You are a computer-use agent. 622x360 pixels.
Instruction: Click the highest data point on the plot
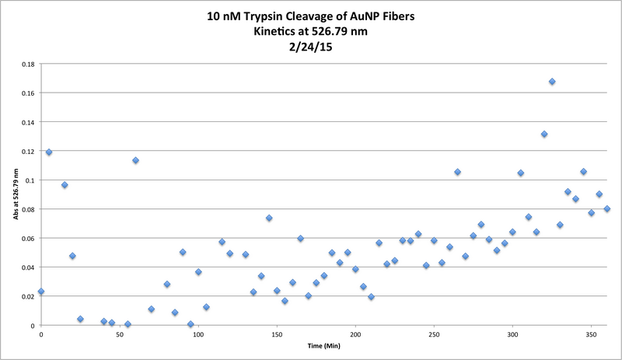(x=552, y=82)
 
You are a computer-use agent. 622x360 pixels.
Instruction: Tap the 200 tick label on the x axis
(x=355, y=334)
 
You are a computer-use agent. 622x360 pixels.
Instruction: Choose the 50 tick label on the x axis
(x=120, y=334)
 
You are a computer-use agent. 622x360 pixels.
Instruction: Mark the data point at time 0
(x=41, y=292)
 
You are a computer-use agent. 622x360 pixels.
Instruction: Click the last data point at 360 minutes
(x=607, y=208)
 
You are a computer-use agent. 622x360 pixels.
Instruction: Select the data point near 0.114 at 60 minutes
(x=135, y=160)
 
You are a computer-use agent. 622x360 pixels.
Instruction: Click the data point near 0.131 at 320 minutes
(x=544, y=134)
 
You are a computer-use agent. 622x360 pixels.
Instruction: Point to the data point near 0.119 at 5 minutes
(x=49, y=152)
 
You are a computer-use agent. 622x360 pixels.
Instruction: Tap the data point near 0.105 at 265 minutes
(x=458, y=172)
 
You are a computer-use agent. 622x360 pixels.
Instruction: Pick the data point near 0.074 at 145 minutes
(x=269, y=218)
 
